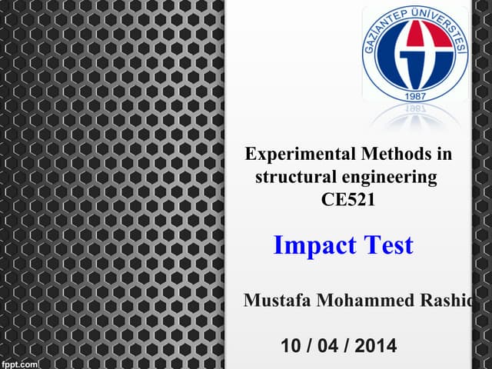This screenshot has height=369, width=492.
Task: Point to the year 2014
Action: (376, 346)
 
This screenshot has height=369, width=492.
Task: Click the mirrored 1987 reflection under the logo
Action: (414, 110)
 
